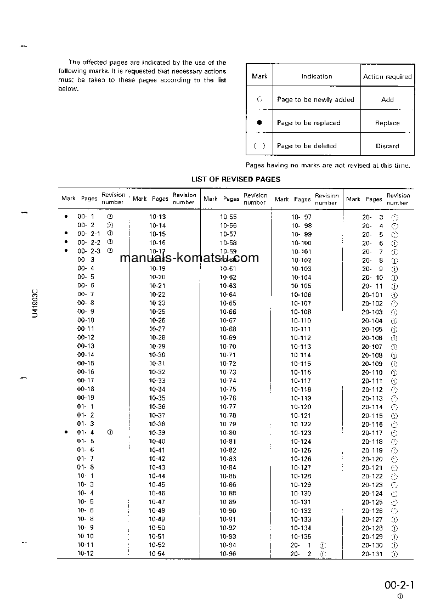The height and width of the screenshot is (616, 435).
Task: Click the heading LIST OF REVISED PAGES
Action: click(x=236, y=179)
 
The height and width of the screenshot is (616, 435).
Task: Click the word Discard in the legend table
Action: click(x=387, y=146)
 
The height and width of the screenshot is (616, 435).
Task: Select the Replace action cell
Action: click(x=387, y=123)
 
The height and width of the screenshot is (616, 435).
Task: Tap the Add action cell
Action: click(x=387, y=100)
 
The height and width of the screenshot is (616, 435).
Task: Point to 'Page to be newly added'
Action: click(x=315, y=100)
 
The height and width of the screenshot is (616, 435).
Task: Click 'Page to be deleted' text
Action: click(x=307, y=146)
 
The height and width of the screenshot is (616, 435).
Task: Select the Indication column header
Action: click(x=317, y=76)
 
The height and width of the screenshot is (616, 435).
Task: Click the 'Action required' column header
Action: click(x=387, y=77)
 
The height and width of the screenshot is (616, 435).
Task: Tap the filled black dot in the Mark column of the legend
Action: click(x=259, y=123)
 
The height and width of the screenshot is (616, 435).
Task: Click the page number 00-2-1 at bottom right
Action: click(x=399, y=585)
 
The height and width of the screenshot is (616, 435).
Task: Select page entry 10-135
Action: click(x=301, y=536)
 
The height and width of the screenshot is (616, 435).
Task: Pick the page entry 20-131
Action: click(x=372, y=554)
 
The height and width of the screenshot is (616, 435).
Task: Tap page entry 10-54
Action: click(x=157, y=554)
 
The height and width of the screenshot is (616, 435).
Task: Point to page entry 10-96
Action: click(x=228, y=554)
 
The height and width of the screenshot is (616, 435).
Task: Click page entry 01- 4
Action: click(x=86, y=433)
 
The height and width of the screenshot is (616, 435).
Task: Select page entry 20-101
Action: click(x=372, y=295)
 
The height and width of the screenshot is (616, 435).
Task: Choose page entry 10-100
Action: click(x=301, y=243)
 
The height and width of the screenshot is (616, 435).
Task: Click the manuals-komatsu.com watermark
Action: click(x=189, y=258)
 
